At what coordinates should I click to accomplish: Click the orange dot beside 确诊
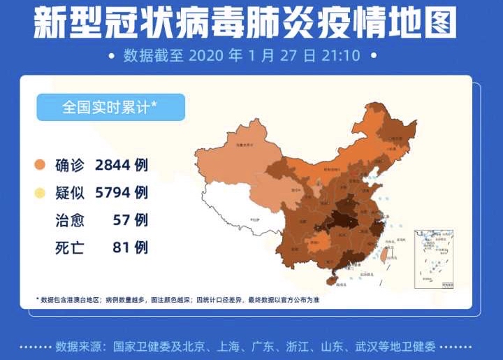41,166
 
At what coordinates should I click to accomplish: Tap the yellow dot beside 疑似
41,193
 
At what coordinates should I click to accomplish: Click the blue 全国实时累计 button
110,108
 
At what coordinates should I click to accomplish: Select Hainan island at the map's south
334,280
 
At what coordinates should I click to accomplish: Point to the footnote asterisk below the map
38,300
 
